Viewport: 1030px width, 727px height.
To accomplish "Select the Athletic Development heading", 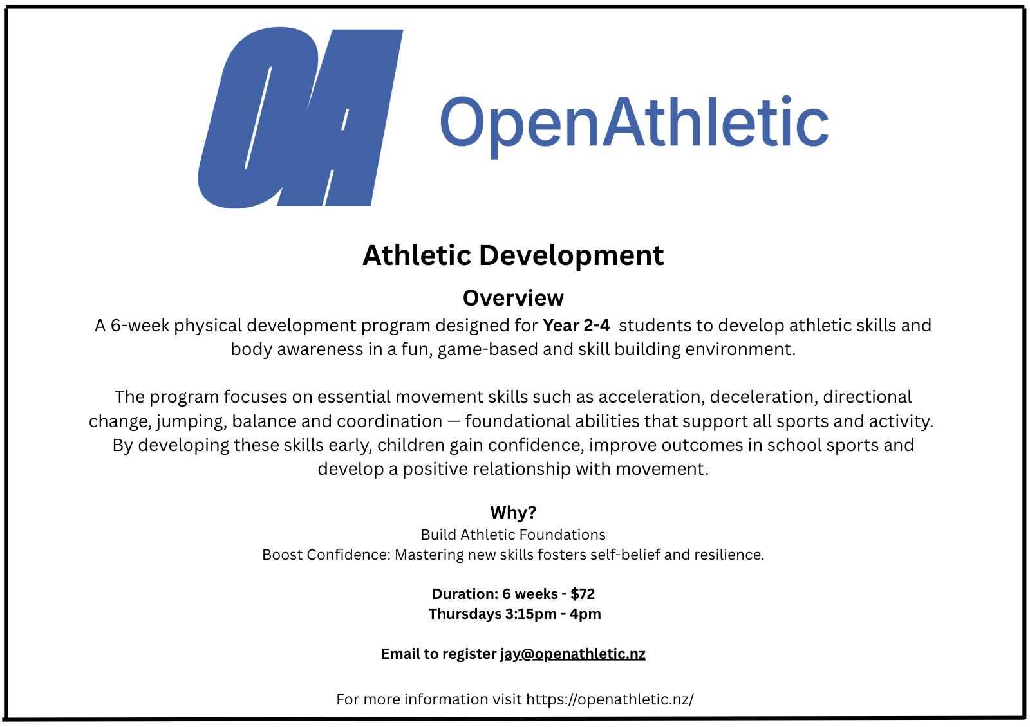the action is [513, 255].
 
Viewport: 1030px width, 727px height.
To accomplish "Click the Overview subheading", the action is [513, 298].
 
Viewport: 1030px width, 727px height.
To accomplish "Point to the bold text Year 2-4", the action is [576, 326].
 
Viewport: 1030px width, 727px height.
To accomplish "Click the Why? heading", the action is [513, 512].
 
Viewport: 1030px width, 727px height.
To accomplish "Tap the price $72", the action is [583, 594].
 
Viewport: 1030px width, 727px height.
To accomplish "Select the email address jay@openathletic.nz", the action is [573, 654].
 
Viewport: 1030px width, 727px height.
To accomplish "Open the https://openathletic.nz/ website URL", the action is [610, 699].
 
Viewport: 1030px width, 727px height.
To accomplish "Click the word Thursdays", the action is [464, 614].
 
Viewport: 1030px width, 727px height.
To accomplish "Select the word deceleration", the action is [764, 397].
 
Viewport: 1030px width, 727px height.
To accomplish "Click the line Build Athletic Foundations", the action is [513, 535].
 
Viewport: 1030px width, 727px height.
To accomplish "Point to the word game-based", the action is [487, 350].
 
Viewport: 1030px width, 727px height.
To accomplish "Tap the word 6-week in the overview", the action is [140, 326].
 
